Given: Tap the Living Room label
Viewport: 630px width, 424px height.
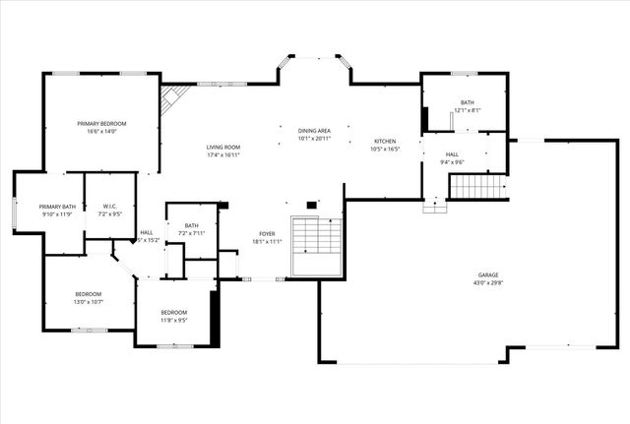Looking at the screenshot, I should click(223, 148).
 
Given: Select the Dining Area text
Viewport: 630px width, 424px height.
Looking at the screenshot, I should click(315, 131).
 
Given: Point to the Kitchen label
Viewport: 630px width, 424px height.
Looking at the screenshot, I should click(384, 142).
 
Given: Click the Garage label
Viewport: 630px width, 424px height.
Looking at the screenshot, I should click(488, 275).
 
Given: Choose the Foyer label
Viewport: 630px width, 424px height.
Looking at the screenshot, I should click(268, 233).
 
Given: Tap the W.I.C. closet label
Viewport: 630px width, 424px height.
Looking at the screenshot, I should click(110, 207).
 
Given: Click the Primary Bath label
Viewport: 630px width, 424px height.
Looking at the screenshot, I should click(57, 207).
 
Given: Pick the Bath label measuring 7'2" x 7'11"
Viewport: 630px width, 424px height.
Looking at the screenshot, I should click(191, 225).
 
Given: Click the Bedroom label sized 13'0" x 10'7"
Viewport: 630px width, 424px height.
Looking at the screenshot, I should click(89, 294).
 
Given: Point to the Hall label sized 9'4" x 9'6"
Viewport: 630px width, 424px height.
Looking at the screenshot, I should click(452, 154).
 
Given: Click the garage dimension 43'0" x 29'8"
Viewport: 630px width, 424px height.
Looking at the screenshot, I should click(488, 283).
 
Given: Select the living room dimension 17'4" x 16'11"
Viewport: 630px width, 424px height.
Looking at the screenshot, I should click(223, 155).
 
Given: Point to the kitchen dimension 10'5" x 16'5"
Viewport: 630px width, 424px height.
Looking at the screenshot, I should click(384, 150).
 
